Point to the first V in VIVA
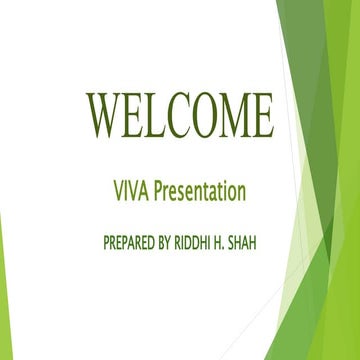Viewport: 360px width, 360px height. click(x=122, y=189)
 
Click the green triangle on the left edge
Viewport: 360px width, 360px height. click(x=3, y=290)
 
